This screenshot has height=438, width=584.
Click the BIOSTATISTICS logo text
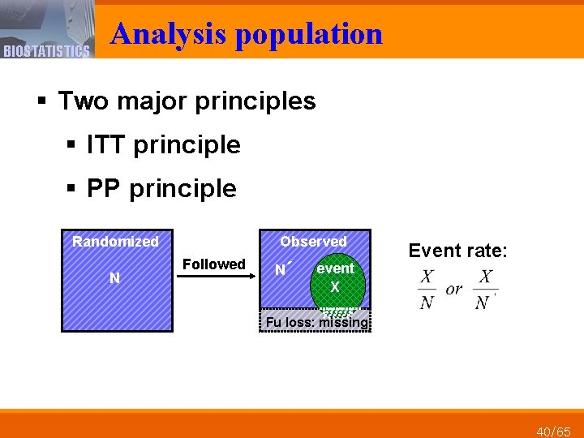[45, 51]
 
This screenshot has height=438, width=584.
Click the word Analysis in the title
[170, 34]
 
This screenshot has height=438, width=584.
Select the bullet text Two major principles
[187, 101]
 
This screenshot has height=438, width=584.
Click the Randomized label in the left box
[115, 242]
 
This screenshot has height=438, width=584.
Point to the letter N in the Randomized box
[114, 278]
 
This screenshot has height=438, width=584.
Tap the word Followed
[213, 264]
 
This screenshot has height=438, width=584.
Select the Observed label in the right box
[313, 242]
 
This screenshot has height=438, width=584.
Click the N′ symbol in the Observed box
[282, 269]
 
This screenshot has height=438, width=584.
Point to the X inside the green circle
[334, 287]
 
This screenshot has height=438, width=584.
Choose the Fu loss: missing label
[316, 322]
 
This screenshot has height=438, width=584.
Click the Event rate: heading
[457, 251]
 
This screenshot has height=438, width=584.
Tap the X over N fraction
[427, 290]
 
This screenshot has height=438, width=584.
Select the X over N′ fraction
[485, 290]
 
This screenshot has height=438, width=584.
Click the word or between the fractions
[455, 290]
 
